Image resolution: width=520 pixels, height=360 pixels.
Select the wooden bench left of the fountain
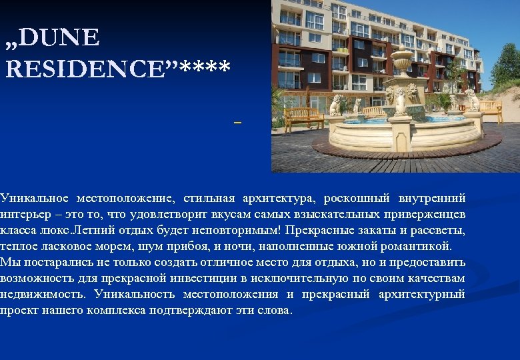pos(304,117)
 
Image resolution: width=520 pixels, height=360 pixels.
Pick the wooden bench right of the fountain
pos(490,109)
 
